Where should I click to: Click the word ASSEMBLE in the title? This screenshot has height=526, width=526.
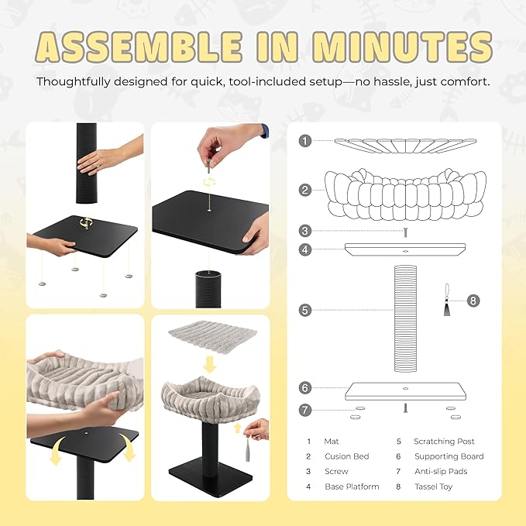[x=138, y=47]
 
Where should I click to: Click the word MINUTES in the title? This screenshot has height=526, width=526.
[x=401, y=47]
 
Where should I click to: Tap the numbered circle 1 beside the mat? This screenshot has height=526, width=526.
[x=305, y=141]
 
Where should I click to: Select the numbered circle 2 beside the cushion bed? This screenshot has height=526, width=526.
[x=305, y=191]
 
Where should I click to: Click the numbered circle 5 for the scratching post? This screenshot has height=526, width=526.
[x=305, y=310]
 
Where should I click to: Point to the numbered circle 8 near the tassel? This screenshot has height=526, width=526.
[x=473, y=301]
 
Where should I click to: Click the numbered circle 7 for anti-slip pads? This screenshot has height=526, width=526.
[x=305, y=410]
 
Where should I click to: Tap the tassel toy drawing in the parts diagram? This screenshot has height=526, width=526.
[x=447, y=300]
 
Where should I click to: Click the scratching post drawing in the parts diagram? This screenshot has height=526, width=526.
[x=405, y=318]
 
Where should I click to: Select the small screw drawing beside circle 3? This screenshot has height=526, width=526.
[x=405, y=232]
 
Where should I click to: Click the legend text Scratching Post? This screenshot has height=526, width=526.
[x=444, y=442]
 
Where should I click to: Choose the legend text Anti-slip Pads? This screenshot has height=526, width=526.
[x=441, y=471]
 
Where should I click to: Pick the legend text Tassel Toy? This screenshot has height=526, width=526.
[x=433, y=486]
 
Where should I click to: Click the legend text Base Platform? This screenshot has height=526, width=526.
[x=352, y=486]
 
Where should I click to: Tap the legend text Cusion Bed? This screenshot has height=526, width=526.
[x=347, y=456]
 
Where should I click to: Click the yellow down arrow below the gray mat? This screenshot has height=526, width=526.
[x=210, y=365]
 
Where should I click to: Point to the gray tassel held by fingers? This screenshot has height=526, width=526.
[x=248, y=450]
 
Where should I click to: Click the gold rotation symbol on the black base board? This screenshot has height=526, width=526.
[x=85, y=223]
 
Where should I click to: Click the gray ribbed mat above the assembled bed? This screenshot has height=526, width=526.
[x=212, y=335]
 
